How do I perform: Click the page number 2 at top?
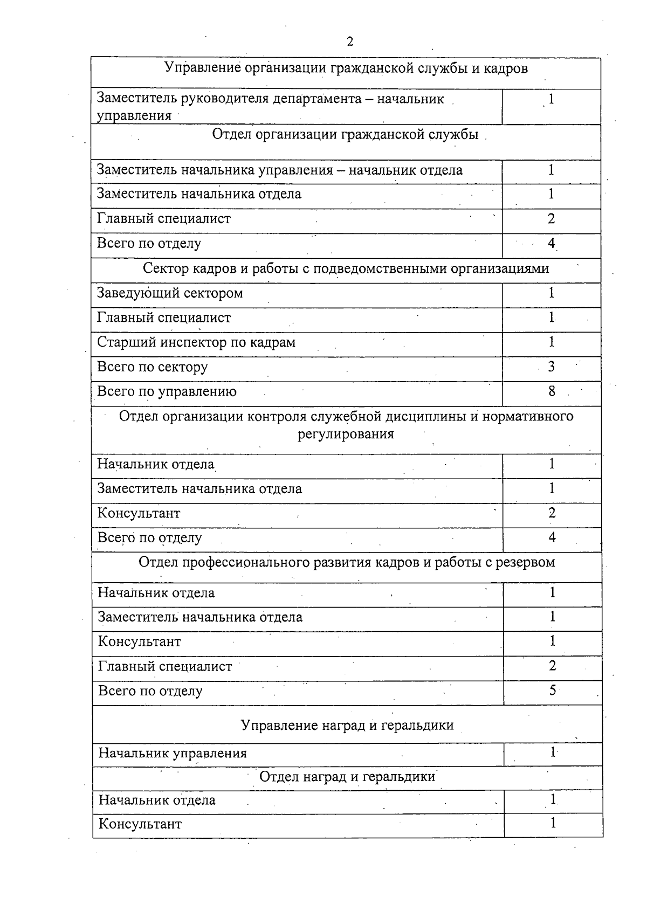(350, 42)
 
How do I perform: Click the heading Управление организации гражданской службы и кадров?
(346, 68)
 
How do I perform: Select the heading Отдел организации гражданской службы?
(345, 135)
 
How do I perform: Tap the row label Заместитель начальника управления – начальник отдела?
(279, 170)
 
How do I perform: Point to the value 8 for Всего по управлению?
(552, 391)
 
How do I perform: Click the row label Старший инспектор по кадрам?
(196, 343)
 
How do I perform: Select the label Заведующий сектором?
(170, 293)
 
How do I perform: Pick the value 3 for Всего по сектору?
(552, 367)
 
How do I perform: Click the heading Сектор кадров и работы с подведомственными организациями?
(346, 268)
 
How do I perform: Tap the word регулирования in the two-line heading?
(346, 434)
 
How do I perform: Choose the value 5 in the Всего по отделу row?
(553, 691)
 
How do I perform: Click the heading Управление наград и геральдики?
(347, 726)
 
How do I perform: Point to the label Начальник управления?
(173, 754)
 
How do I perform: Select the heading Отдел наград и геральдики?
(347, 777)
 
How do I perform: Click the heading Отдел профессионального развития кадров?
(347, 563)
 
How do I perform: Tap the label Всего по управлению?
(167, 392)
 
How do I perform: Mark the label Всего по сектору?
(152, 368)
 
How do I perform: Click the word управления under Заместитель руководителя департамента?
(134, 116)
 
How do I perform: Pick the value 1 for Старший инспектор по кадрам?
(552, 342)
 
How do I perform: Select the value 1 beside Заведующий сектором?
(552, 293)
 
